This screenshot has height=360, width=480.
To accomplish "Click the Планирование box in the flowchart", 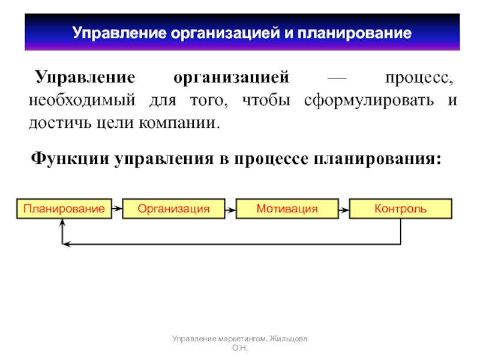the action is [x=64, y=209].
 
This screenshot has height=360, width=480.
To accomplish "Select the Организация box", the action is [x=173, y=209].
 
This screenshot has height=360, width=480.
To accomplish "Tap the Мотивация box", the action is [x=287, y=209].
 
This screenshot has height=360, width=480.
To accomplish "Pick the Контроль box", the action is [x=400, y=209].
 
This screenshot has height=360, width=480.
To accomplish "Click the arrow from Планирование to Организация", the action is [x=118, y=209].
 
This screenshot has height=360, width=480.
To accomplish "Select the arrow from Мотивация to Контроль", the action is [x=343, y=209].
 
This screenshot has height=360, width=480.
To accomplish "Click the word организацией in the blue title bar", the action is [x=226, y=33].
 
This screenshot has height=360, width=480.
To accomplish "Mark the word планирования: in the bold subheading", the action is [x=381, y=160].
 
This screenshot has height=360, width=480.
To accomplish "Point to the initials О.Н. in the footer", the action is [x=240, y=349].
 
